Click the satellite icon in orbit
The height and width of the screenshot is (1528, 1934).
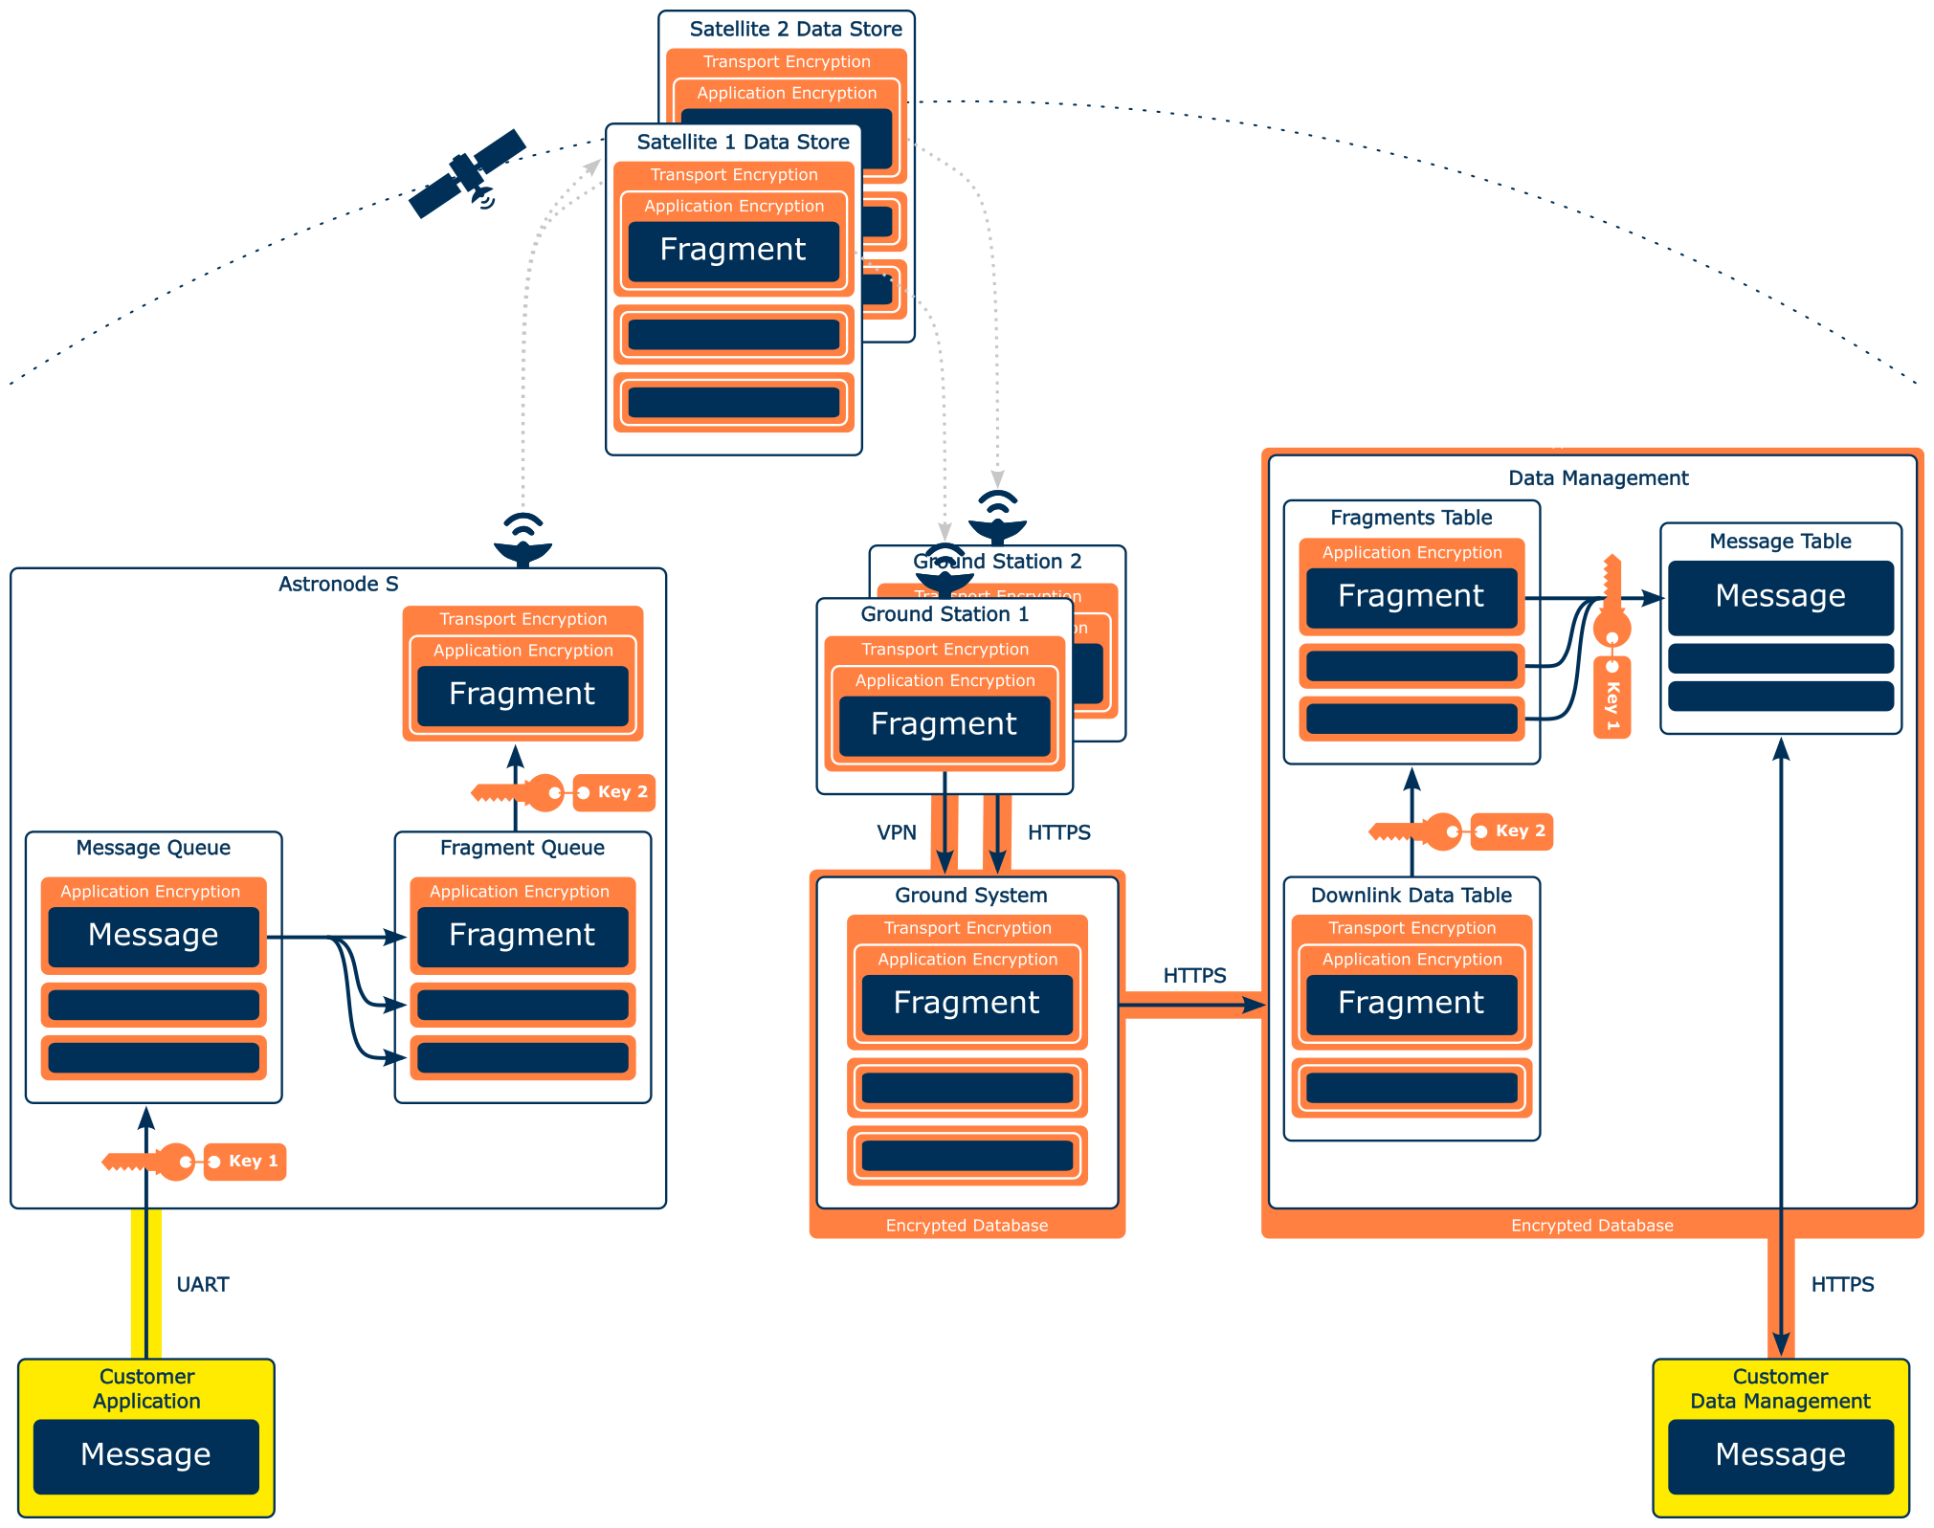point(467,174)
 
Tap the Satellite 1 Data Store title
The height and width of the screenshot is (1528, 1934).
point(743,143)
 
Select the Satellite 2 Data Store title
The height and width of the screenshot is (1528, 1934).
point(795,30)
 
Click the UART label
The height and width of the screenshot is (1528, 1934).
point(203,1285)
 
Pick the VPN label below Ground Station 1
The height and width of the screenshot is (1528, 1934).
point(897,833)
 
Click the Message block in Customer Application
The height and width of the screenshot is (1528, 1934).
point(146,1455)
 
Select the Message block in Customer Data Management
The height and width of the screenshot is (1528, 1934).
point(1780,1455)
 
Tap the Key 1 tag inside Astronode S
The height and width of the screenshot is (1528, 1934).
point(245,1162)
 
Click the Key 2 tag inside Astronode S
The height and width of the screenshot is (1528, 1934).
point(614,792)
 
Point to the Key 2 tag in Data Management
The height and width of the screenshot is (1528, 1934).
point(1512,831)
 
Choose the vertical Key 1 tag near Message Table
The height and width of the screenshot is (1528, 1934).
point(1612,698)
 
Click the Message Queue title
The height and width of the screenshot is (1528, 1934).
point(153,849)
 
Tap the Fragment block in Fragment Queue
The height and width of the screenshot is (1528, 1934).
point(522,936)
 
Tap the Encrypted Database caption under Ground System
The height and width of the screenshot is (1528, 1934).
point(967,1226)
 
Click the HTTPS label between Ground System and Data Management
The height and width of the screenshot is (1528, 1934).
point(1194,976)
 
